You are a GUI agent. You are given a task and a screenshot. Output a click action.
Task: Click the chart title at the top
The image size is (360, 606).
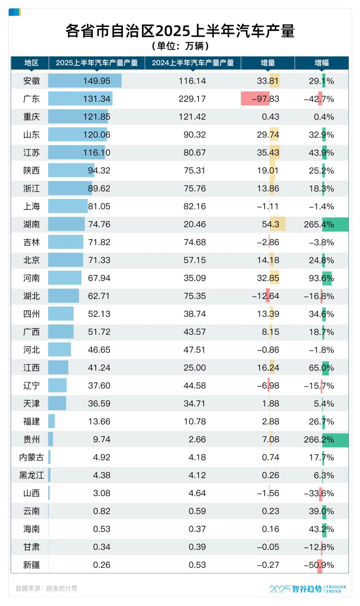point(180,31)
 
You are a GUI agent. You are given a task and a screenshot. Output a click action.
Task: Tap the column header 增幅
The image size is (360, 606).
point(321,63)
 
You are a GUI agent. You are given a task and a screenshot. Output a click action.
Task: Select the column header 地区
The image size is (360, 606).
point(31,63)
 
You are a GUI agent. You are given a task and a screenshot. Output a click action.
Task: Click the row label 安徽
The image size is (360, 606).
point(31,81)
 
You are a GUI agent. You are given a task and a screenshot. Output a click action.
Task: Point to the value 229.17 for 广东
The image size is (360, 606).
point(192,99)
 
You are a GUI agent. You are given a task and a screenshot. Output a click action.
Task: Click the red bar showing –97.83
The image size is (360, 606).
point(255,99)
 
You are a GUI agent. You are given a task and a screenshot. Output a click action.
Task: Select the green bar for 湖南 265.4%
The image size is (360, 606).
point(335,224)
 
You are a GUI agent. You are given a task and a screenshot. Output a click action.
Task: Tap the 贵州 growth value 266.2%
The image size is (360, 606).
point(319,440)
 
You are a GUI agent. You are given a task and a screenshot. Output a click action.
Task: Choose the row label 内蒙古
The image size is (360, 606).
point(31,458)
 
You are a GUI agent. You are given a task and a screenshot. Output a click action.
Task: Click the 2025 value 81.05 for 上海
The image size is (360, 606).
point(99,206)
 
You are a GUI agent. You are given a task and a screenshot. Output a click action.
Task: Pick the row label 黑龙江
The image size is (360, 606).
point(31,476)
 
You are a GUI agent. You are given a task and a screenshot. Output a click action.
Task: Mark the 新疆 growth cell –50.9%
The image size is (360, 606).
point(319,565)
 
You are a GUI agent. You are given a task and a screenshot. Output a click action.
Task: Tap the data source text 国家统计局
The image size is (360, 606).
point(62,588)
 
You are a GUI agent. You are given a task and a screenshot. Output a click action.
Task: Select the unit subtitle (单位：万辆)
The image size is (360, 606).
point(180,46)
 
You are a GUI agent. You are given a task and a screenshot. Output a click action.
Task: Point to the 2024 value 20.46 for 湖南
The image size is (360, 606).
point(195,224)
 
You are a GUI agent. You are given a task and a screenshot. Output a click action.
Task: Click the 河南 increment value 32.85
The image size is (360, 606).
point(268,278)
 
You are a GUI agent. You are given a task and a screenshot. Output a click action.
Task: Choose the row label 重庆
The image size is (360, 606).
point(31,117)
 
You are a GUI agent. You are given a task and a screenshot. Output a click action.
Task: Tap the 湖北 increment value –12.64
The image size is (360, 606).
point(266,296)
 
